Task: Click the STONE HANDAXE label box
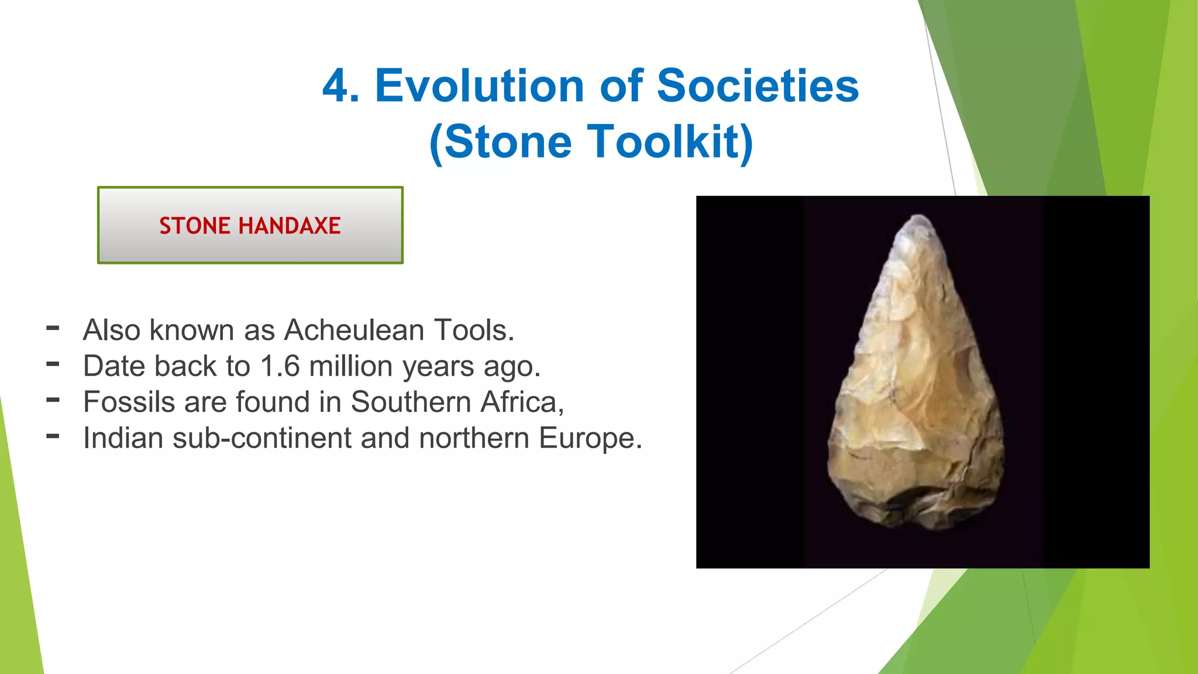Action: click(x=250, y=225)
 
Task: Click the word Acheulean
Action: click(x=354, y=330)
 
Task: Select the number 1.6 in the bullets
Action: click(x=280, y=366)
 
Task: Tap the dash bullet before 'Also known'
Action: click(x=53, y=328)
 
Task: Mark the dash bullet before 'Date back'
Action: click(x=53, y=364)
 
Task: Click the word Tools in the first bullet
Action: click(x=473, y=330)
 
